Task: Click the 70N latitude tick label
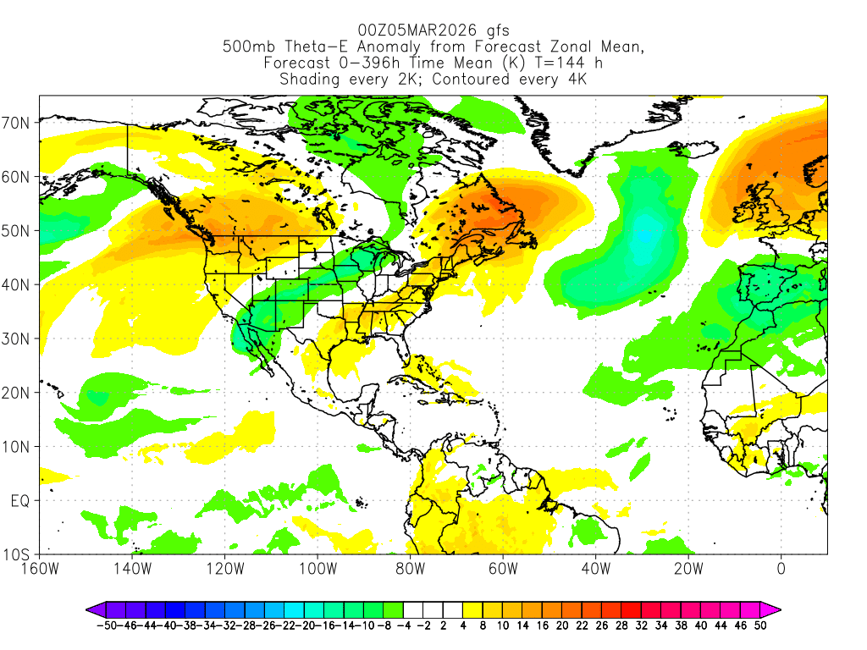19,123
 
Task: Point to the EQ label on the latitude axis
20,501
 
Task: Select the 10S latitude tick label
19,555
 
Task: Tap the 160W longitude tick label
40,569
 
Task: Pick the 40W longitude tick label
595,569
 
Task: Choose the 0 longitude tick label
781,569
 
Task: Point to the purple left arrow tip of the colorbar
87,609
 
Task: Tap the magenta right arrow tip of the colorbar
779,609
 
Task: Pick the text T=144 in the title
559,63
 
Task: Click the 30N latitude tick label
19,339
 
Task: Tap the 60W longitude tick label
503,569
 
